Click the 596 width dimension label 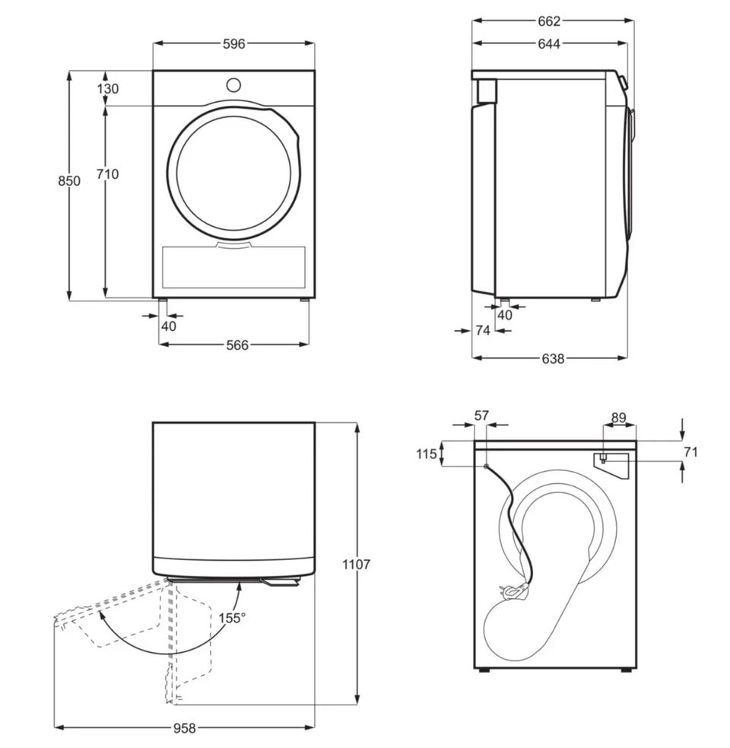pos(233,44)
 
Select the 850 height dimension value pos(68,181)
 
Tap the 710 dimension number pos(107,174)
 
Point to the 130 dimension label pos(108,89)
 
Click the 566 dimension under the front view pos(236,345)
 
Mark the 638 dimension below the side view pos(553,358)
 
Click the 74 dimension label pos(482,330)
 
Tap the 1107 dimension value pos(356,565)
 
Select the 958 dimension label pos(184,728)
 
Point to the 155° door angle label pos(232,618)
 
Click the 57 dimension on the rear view pos(481,415)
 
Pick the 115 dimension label pos(427,454)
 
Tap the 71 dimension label pos(690,453)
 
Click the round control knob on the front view pos(233,84)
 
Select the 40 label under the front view pos(168,326)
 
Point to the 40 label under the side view pos(504,315)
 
